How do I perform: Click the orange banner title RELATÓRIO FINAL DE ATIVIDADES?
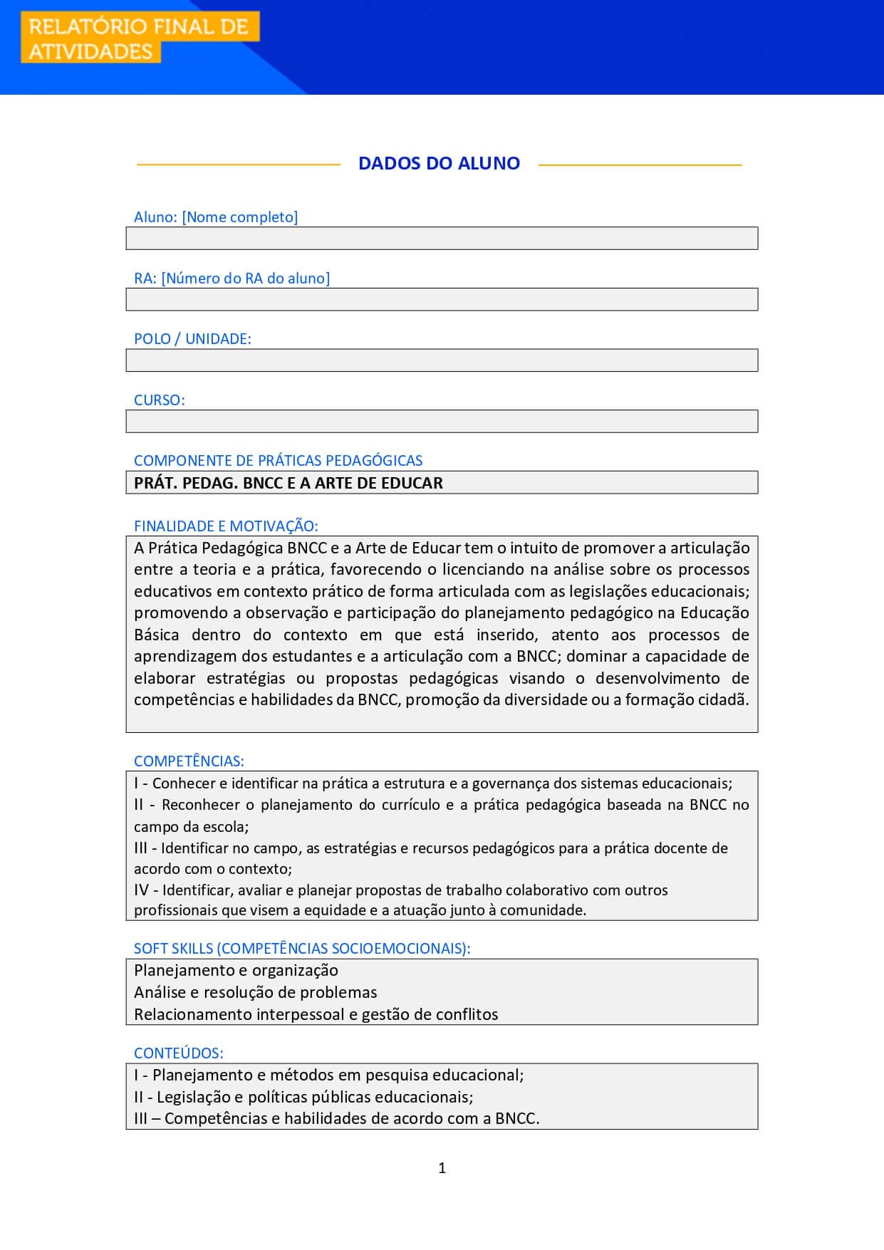(140, 38)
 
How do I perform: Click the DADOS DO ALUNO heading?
(439, 163)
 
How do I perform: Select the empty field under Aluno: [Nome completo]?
(442, 239)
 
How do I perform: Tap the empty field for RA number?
(442, 299)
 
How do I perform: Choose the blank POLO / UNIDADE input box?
(442, 360)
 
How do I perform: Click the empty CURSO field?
(442, 422)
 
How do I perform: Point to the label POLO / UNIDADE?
(192, 339)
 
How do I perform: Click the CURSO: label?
(159, 400)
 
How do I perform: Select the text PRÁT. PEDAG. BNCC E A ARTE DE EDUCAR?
(288, 483)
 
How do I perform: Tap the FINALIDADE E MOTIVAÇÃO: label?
(226, 526)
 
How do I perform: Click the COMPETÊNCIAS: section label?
(189, 761)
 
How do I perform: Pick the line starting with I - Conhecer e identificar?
(433, 783)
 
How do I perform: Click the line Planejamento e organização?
(236, 970)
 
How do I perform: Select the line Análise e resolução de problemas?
(255, 992)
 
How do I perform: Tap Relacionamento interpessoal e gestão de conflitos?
(316, 1014)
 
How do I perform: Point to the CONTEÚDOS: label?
(178, 1053)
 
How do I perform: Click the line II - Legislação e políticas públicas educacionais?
(303, 1097)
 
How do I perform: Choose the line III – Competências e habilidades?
(336, 1118)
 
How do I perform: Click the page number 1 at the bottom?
(442, 1167)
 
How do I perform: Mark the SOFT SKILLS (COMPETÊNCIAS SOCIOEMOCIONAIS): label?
(302, 949)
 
